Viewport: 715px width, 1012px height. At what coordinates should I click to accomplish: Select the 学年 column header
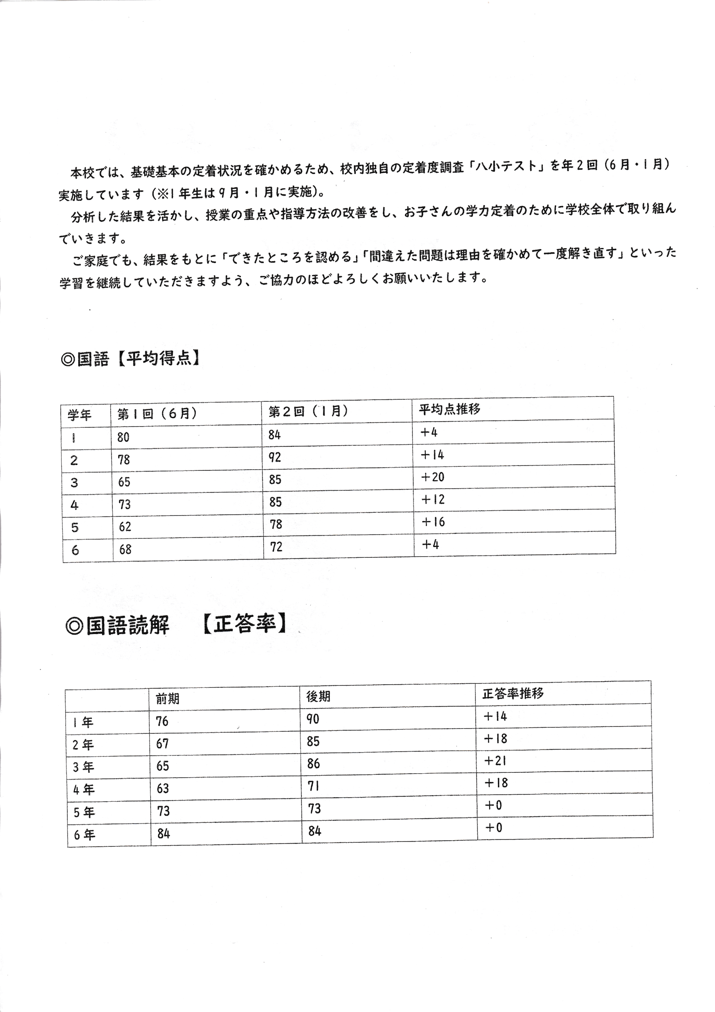(79, 415)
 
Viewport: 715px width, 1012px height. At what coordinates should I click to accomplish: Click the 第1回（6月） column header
(157, 413)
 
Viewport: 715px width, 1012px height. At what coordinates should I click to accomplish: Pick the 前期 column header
(168, 698)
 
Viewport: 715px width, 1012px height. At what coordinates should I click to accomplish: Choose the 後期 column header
(318, 697)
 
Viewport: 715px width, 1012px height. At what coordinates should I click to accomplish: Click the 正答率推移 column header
(513, 694)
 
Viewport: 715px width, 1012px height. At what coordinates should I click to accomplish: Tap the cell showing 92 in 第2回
(275, 457)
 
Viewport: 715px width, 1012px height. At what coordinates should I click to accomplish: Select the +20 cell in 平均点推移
(432, 477)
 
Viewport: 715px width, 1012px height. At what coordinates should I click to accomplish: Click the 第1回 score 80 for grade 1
(123, 437)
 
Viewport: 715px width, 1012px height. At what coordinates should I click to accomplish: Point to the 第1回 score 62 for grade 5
(125, 527)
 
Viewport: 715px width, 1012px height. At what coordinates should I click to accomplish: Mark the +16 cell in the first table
(433, 522)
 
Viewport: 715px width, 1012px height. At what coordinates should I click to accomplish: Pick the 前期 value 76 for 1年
(162, 721)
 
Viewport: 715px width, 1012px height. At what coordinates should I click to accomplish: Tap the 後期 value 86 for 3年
(313, 763)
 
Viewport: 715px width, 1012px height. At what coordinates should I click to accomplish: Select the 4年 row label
(84, 789)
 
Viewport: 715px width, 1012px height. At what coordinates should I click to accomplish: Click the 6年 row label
(84, 835)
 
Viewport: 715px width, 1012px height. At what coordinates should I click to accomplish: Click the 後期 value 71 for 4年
(313, 786)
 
